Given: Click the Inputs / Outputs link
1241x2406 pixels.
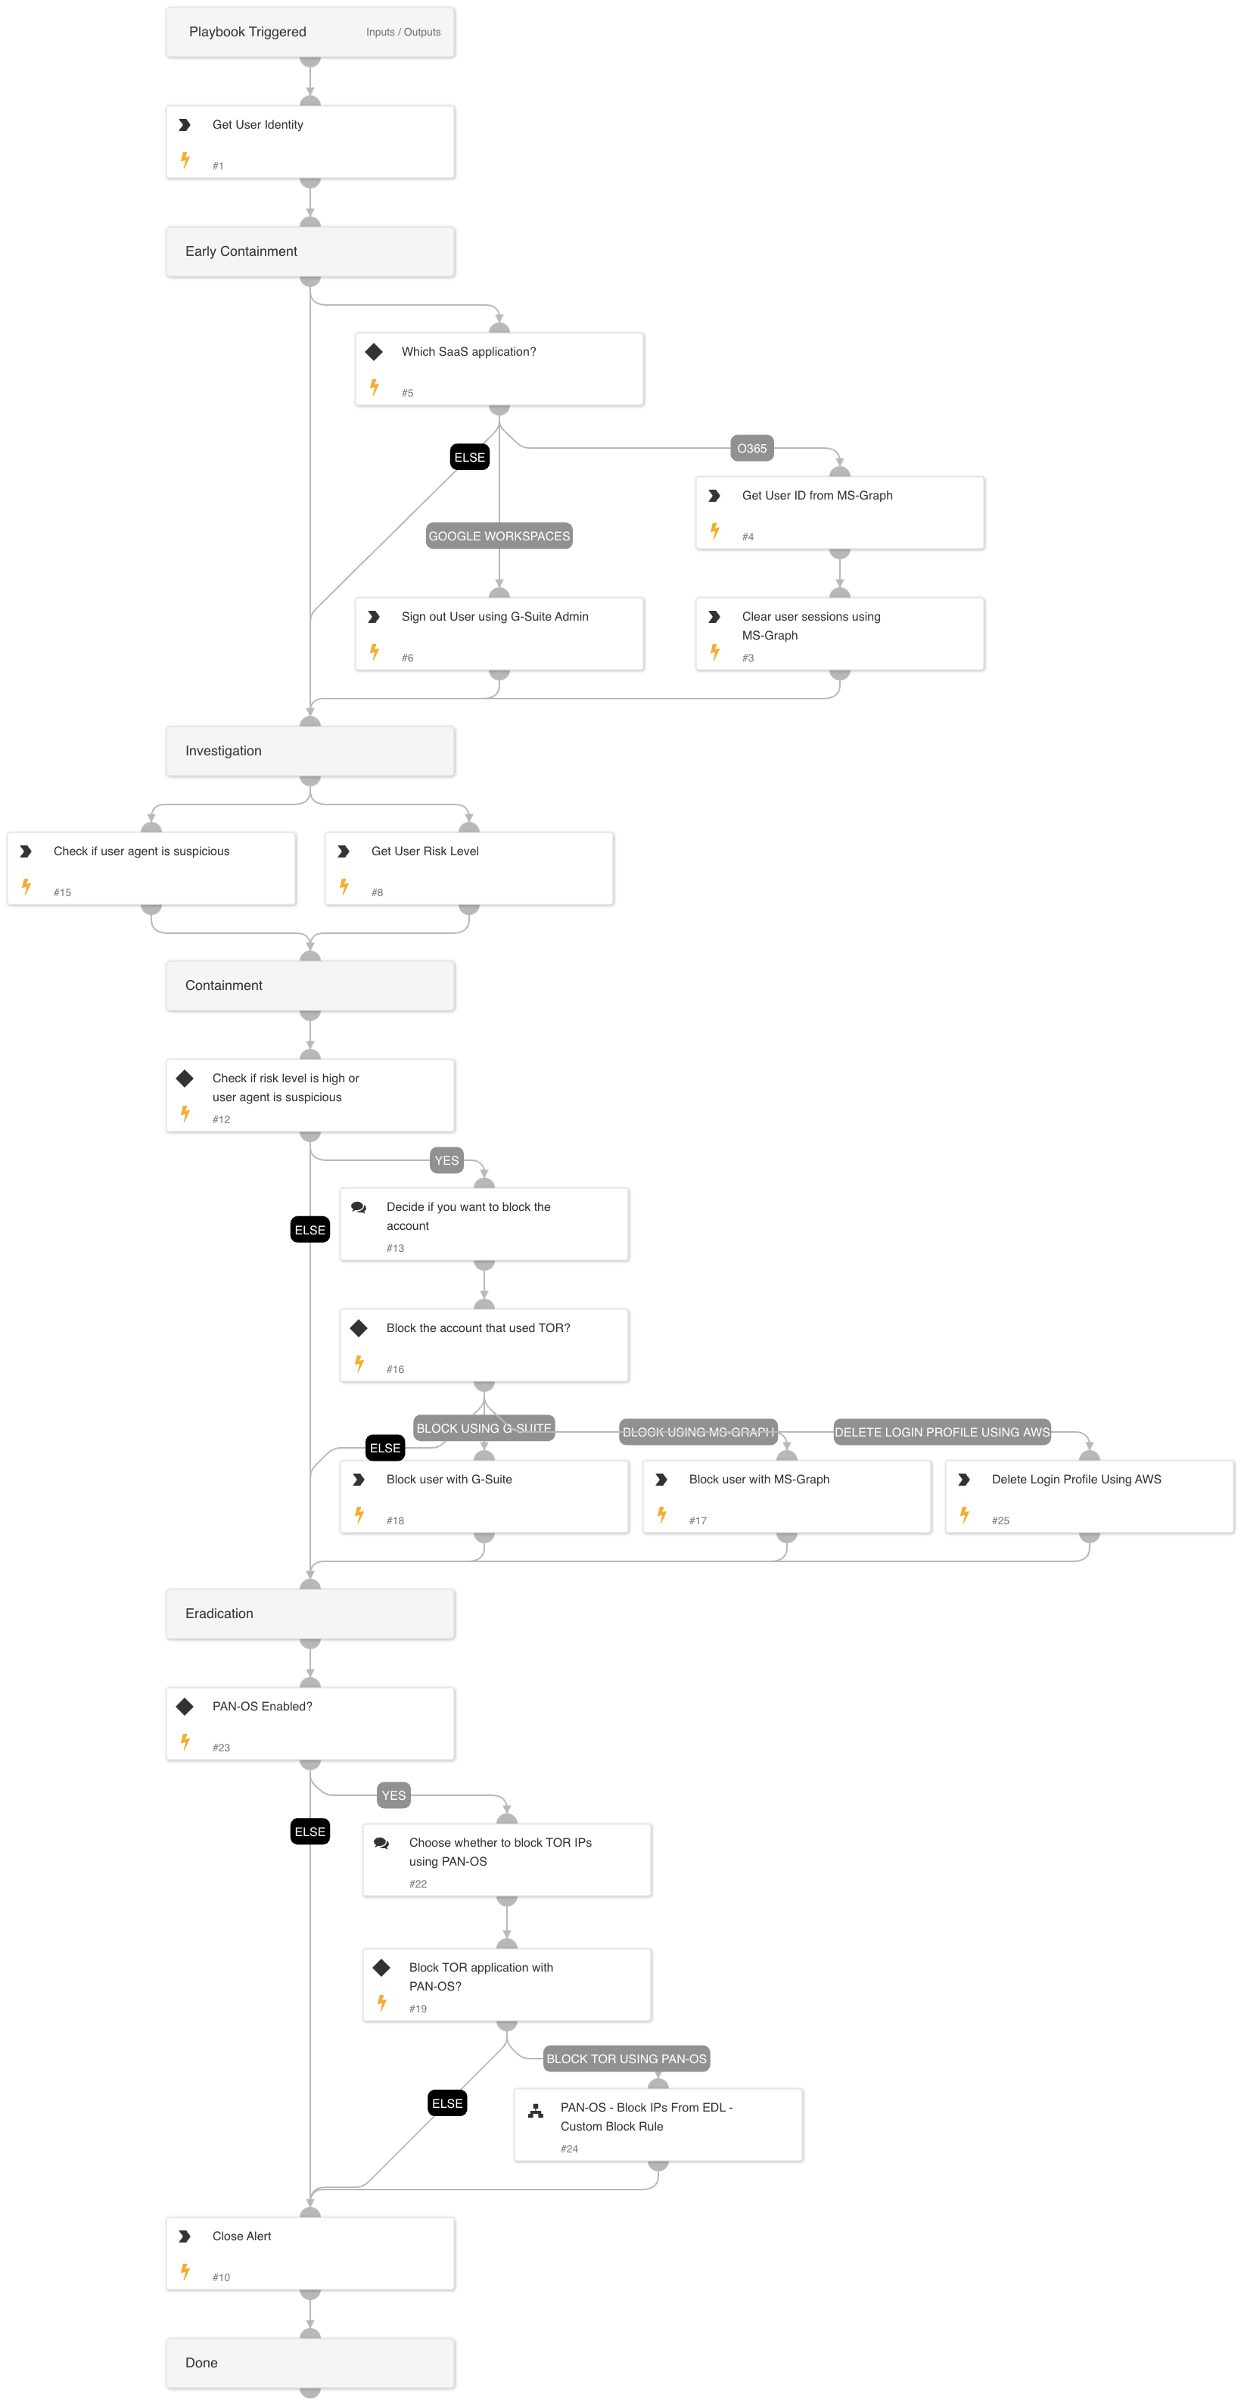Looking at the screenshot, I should [403, 32].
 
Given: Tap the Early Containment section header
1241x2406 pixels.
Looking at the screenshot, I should [310, 251].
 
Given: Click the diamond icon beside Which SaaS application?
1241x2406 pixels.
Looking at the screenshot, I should [374, 352].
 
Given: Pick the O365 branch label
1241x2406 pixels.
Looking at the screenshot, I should [751, 448].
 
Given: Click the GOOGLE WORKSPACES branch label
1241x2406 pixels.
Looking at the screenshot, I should [499, 536].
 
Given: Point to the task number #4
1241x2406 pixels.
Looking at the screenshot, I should [747, 537].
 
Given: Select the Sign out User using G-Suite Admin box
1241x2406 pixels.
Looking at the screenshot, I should [499, 633].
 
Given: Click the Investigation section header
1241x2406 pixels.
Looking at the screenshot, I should [310, 751].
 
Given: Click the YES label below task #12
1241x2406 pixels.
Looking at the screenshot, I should [446, 1161].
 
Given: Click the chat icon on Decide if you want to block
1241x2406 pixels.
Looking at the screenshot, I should [359, 1208].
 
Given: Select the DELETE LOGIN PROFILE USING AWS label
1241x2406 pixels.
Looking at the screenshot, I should [941, 1432].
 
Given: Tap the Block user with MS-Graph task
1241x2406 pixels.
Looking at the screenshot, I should [786, 1496].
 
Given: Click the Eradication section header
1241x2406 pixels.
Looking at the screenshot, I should [310, 1613].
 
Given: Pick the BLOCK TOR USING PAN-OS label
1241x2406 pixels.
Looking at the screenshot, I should [626, 2059].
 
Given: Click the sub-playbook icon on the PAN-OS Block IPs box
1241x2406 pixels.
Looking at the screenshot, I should [535, 2111].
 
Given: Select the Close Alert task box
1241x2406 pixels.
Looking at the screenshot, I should [310, 2253].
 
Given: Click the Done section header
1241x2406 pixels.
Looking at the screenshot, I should [310, 2362].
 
